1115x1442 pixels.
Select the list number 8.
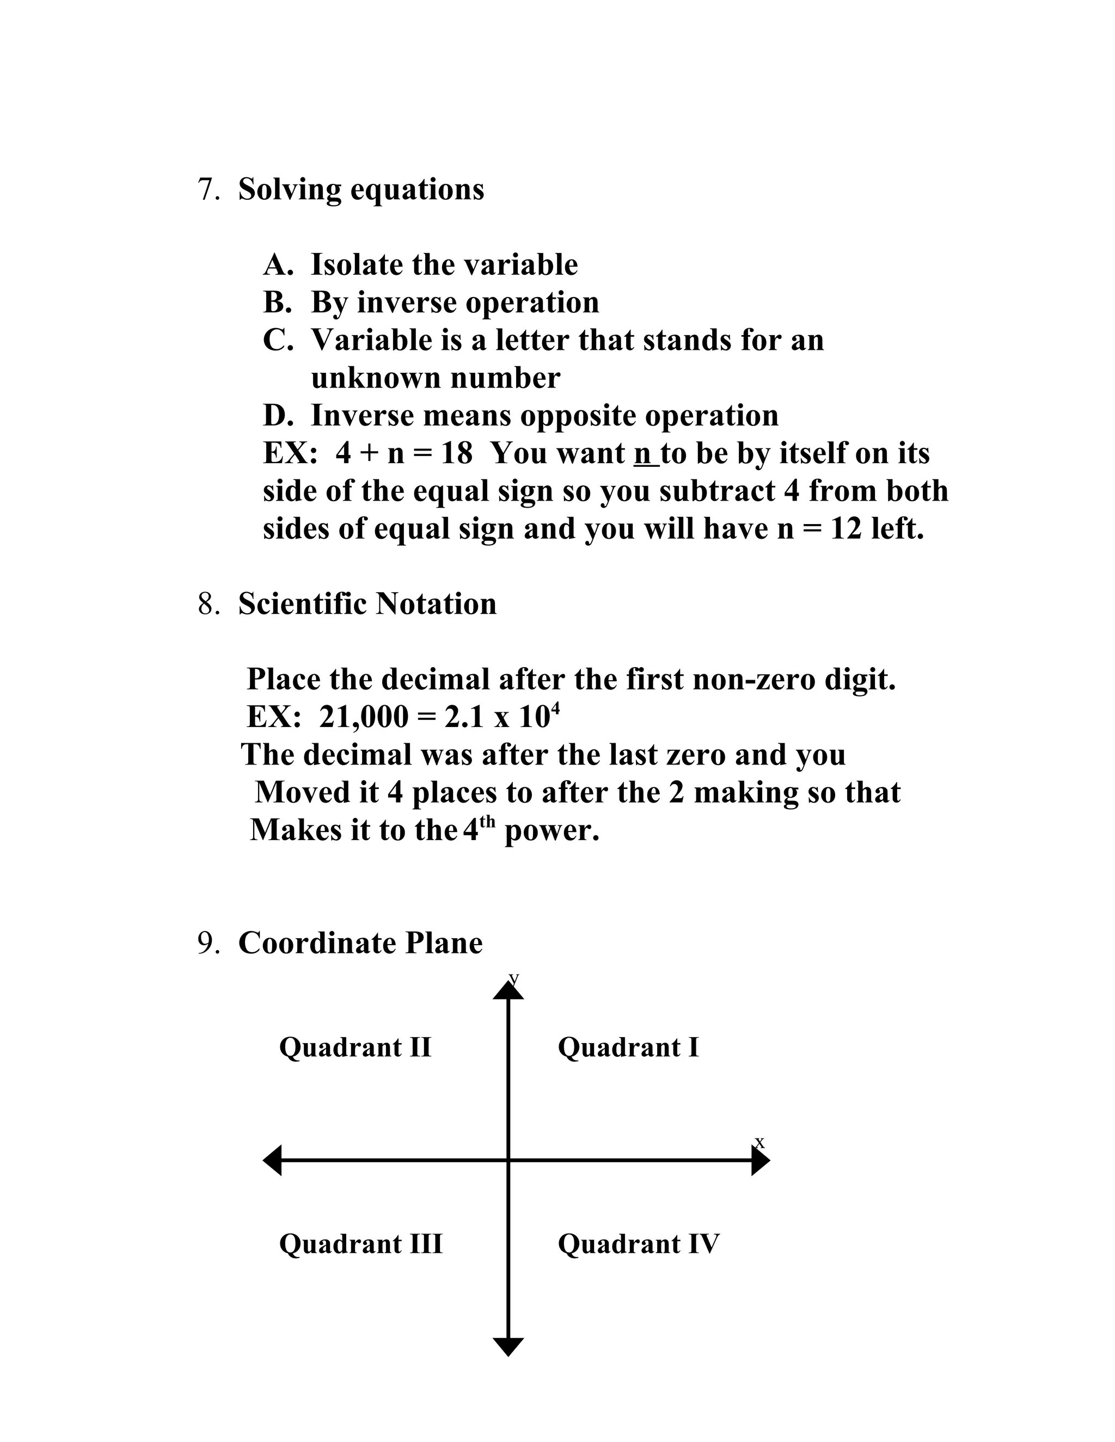pyautogui.click(x=208, y=604)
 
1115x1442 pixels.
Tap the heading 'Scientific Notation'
pyautogui.click(x=367, y=604)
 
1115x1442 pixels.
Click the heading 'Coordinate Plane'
pyautogui.click(x=360, y=944)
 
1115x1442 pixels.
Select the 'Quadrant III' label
pyautogui.click(x=360, y=1244)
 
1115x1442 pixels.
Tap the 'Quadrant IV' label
pyautogui.click(x=638, y=1244)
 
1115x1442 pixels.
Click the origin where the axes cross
pyautogui.click(x=508, y=1160)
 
